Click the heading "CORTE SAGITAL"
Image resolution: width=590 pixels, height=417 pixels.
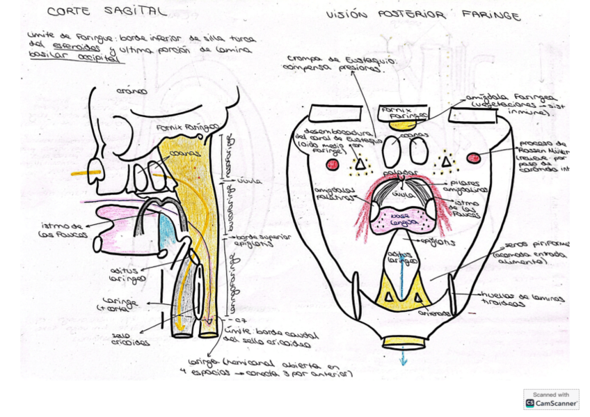pyautogui.click(x=106, y=12)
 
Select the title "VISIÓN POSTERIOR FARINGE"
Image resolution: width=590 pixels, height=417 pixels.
pyautogui.click(x=423, y=15)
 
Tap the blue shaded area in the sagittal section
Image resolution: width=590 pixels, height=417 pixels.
pyautogui.click(x=164, y=228)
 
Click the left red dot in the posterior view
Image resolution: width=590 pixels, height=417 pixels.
pyautogui.click(x=333, y=165)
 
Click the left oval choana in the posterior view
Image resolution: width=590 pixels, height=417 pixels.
pyautogui.click(x=392, y=150)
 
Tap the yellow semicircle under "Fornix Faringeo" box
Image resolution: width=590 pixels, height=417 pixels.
pyautogui.click(x=401, y=126)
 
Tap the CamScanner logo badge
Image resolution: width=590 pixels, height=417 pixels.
pyautogui.click(x=551, y=399)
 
